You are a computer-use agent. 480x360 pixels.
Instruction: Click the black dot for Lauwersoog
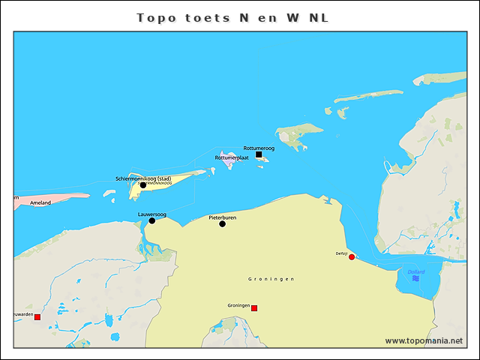pyautogui.click(x=151, y=220)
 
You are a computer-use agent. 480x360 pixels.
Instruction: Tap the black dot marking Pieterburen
pyautogui.click(x=222, y=223)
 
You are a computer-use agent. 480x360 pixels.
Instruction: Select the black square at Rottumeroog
pyautogui.click(x=259, y=154)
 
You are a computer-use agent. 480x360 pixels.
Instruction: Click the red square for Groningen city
pyautogui.click(x=254, y=308)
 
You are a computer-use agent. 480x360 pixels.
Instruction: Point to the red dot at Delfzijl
pyautogui.click(x=352, y=256)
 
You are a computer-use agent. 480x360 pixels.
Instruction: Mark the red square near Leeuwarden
pyautogui.click(x=37, y=317)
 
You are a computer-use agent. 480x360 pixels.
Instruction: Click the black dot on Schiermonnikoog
pyautogui.click(x=143, y=185)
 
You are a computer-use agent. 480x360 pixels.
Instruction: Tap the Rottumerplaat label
pyautogui.click(x=232, y=158)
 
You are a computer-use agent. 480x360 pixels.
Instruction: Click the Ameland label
pyautogui.click(x=40, y=203)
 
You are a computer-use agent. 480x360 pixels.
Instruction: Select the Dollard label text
pyautogui.click(x=415, y=271)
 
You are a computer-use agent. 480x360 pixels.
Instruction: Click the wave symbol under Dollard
pyautogui.click(x=415, y=278)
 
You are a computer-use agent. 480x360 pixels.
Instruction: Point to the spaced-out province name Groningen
pyautogui.click(x=271, y=279)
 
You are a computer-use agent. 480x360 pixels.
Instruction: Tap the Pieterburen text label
pyautogui.click(x=223, y=217)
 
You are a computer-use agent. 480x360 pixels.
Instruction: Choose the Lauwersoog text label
pyautogui.click(x=152, y=214)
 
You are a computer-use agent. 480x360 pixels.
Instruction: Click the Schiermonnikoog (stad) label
pyautogui.click(x=143, y=178)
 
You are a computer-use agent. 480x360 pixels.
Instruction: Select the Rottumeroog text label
pyautogui.click(x=259, y=148)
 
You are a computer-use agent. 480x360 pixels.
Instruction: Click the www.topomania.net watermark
pyautogui.click(x=424, y=340)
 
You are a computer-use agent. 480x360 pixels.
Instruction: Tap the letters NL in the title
pyautogui.click(x=317, y=17)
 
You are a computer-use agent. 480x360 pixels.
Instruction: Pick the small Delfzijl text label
pyautogui.click(x=341, y=253)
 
